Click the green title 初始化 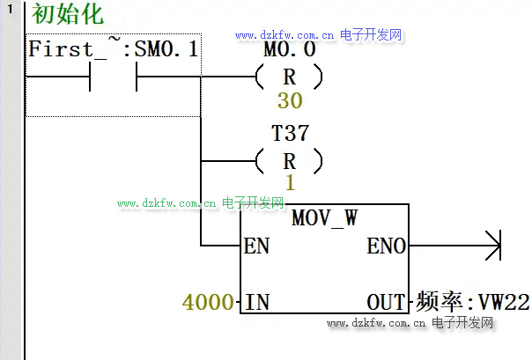tap(67, 15)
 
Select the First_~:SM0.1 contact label tap(114, 50)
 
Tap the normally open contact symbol tap(114, 77)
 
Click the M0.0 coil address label tap(290, 50)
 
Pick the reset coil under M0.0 tap(289, 77)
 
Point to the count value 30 tap(289, 100)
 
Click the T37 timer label tap(290, 134)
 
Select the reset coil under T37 tap(289, 161)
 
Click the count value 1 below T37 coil tap(289, 183)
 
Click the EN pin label tap(256, 246)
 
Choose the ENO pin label tap(386, 246)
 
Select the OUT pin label tap(388, 303)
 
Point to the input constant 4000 tap(208, 303)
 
